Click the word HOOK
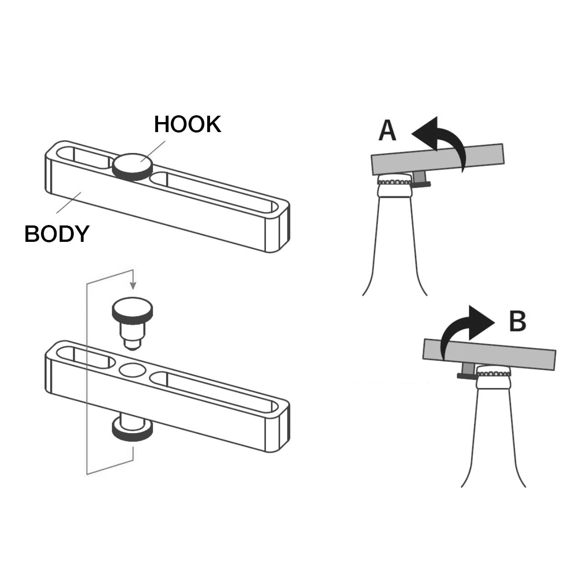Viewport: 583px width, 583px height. click(187, 124)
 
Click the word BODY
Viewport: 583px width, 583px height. click(56, 234)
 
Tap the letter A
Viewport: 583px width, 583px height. click(388, 130)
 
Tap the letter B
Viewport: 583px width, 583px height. click(517, 321)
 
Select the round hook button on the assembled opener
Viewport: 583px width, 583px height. click(132, 166)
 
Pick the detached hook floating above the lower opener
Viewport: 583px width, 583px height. click(132, 321)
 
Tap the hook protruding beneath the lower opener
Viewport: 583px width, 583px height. click(132, 428)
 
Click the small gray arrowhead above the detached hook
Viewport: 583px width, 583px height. click(133, 285)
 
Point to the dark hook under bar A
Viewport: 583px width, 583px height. click(421, 181)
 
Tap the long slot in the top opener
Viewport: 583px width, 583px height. click(214, 190)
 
